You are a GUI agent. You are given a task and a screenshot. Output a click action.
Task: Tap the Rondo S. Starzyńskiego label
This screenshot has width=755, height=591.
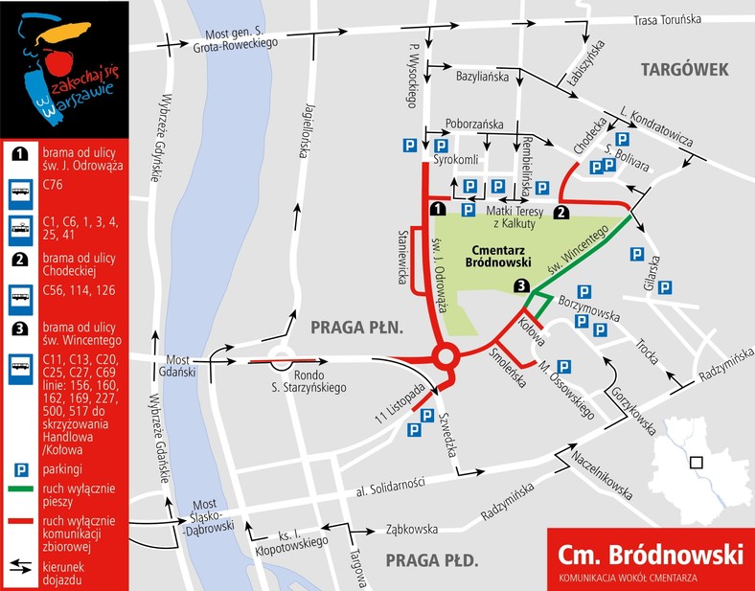[x=319, y=380]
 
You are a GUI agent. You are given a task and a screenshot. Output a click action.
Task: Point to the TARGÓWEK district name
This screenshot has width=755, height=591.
[x=685, y=69]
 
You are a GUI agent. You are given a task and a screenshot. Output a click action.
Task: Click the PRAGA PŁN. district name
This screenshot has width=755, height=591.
[x=355, y=328]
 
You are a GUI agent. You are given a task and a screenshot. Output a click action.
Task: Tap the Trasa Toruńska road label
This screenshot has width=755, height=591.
[x=668, y=19]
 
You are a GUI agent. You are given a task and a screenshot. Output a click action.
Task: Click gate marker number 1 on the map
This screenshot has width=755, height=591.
[x=437, y=209]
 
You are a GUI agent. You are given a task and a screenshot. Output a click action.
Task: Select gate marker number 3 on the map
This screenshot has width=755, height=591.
[x=520, y=285]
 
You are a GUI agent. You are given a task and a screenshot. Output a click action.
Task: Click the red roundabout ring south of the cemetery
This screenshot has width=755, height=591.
[x=445, y=359]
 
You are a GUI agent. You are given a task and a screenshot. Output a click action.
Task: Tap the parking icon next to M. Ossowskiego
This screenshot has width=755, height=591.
[x=564, y=365]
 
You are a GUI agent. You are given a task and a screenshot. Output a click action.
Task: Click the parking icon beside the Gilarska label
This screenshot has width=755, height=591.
[x=636, y=254]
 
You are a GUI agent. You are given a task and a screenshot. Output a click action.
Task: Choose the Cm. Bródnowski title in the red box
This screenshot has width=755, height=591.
[x=650, y=555]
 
